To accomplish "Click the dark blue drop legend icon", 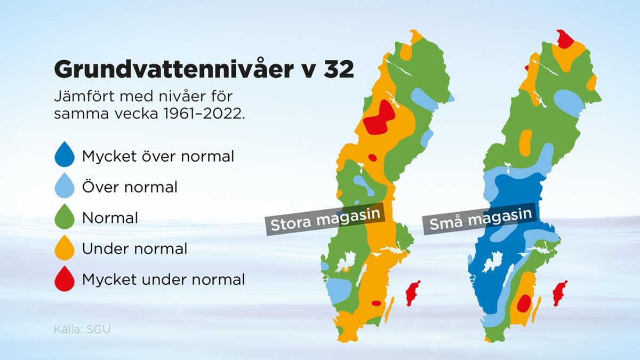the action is (x=65, y=154).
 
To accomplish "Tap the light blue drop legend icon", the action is (x=65, y=186).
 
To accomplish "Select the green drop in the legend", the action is (x=65, y=217).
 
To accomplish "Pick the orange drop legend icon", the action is (x=65, y=247).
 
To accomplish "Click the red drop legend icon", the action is (x=65, y=279).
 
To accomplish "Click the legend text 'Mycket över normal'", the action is (x=158, y=156).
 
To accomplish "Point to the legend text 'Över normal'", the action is (x=130, y=187).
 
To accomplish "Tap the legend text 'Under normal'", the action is (x=134, y=249).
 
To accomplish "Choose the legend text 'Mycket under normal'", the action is (x=163, y=279).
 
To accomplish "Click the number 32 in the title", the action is (x=339, y=69).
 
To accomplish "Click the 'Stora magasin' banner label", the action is (x=325, y=219).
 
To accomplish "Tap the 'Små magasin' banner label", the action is (x=481, y=219).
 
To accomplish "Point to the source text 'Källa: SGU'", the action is (x=82, y=330).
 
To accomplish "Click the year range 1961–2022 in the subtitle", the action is (x=204, y=114).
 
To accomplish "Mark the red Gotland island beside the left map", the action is (x=413, y=293).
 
